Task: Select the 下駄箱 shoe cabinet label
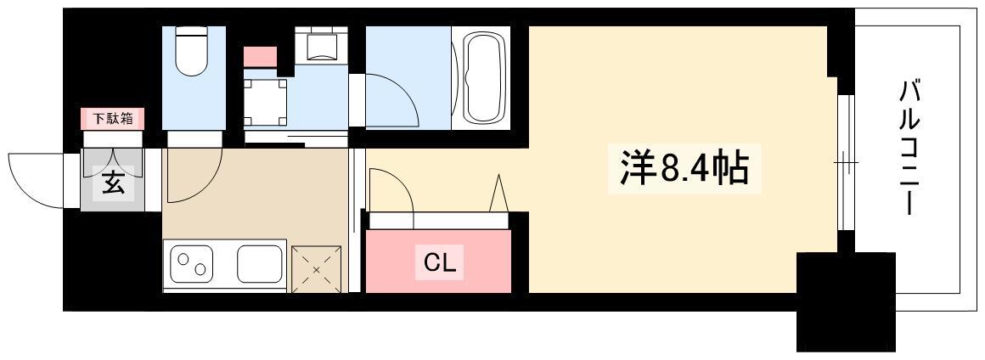(112, 118)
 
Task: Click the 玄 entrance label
(113, 185)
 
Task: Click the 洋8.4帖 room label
(684, 169)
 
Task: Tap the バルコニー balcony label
(909, 149)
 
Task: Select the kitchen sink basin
(260, 264)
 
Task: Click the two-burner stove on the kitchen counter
(192, 265)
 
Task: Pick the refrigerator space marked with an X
(317, 270)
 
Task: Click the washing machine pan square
(265, 103)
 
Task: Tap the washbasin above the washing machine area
(320, 46)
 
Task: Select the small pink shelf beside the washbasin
(260, 56)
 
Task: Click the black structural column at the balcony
(846, 301)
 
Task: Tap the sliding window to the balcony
(846, 163)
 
